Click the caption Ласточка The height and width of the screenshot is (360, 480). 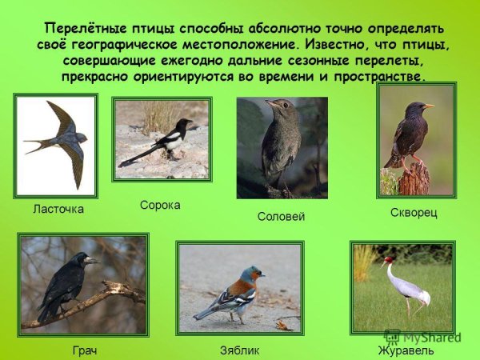coord(58,209)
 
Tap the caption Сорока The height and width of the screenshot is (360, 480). coord(160,205)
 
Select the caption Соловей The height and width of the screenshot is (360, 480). coord(281,217)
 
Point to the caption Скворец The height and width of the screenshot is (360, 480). coord(414,214)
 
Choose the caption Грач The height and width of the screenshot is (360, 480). coord(84,350)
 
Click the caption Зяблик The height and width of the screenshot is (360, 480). coord(239,350)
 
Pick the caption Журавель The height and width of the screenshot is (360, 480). coord(406,350)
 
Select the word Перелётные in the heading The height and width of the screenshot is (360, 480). coord(79,26)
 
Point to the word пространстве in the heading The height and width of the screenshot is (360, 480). coord(379,77)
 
